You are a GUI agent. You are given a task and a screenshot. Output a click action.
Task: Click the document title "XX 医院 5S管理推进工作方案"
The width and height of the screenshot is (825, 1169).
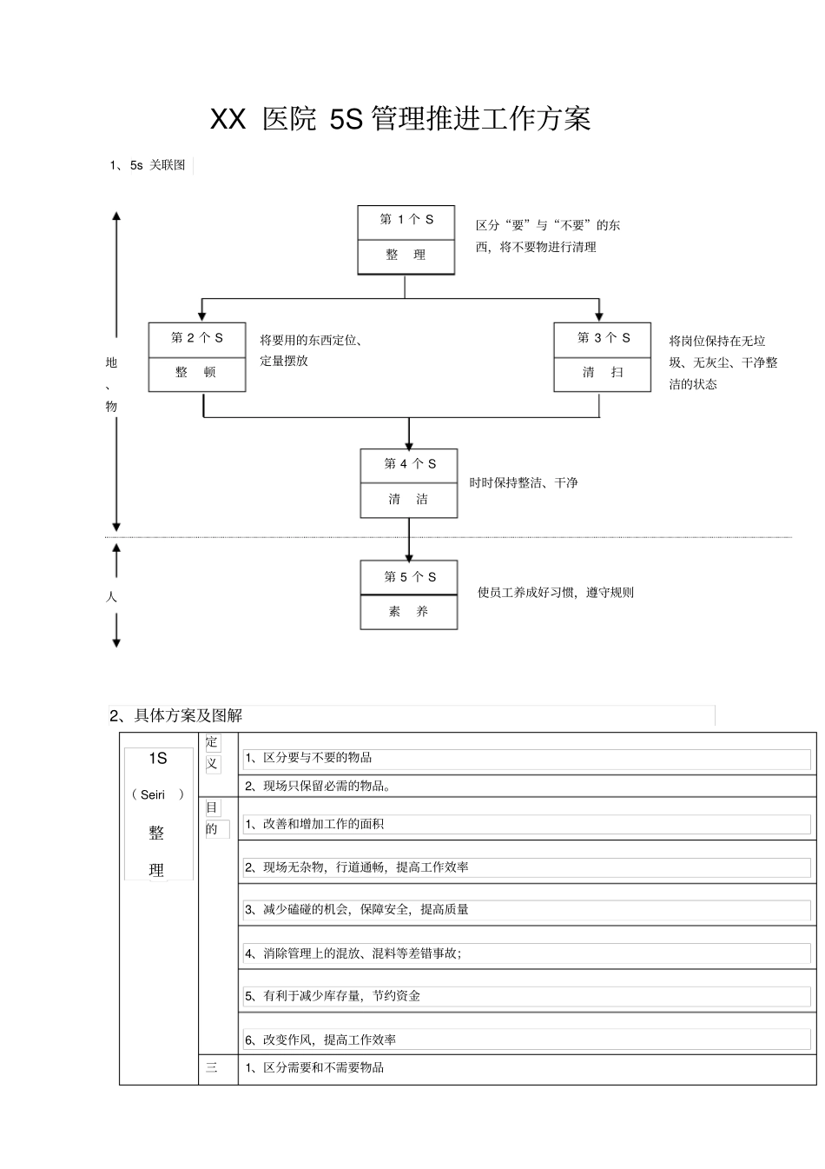(x=400, y=119)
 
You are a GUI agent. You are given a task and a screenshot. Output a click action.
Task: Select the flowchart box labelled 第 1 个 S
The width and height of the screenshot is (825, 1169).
(x=406, y=220)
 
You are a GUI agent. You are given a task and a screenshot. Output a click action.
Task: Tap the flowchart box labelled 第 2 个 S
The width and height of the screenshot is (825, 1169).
(x=196, y=338)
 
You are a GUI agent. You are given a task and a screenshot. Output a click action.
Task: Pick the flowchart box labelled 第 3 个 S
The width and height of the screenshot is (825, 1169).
(x=603, y=338)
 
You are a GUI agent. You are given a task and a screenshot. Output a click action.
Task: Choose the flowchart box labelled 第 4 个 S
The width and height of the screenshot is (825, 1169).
(x=409, y=464)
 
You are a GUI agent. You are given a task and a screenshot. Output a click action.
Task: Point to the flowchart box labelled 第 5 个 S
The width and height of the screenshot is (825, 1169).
(x=409, y=577)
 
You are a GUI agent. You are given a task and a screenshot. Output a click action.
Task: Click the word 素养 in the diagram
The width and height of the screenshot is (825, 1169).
(x=408, y=612)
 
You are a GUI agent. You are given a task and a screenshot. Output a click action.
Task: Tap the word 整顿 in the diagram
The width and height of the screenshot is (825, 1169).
(x=196, y=373)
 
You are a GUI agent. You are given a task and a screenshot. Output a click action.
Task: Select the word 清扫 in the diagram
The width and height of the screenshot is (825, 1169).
(x=603, y=373)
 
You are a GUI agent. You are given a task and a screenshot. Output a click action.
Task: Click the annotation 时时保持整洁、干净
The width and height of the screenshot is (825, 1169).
(x=524, y=483)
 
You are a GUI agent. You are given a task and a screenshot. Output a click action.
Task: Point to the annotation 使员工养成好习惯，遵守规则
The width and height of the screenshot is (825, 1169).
(x=556, y=593)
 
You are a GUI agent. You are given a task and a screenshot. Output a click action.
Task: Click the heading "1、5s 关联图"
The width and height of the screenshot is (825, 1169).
(x=147, y=165)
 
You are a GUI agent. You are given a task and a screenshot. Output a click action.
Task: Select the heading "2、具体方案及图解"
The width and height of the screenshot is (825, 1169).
(x=175, y=716)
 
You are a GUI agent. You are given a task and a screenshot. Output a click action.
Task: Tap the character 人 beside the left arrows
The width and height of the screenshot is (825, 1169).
(x=111, y=597)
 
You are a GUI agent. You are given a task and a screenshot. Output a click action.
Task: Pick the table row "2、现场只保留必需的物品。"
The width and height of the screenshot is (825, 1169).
(x=318, y=787)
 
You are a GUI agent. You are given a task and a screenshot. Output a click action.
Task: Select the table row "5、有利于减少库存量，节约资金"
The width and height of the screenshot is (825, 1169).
(x=333, y=996)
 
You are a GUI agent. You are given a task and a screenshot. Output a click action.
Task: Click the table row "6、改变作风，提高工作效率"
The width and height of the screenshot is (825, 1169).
(x=320, y=1039)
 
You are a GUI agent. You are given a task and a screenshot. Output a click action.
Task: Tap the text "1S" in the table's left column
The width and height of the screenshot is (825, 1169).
(x=157, y=759)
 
